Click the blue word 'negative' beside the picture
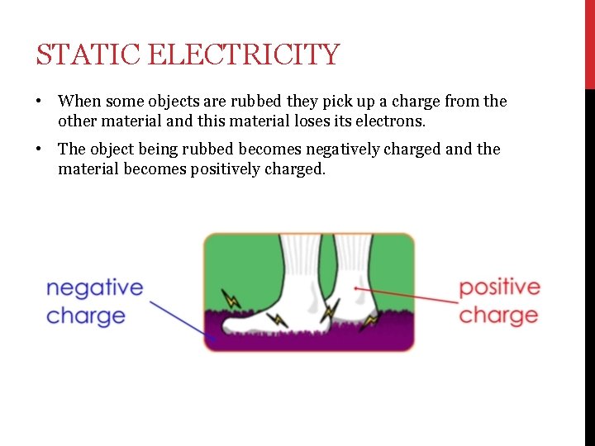(x=94, y=288)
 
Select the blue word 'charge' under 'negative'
(x=86, y=316)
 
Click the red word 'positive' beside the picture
(x=499, y=288)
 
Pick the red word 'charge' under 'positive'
(x=498, y=316)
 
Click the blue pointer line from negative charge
(x=178, y=318)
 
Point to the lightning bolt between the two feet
(x=330, y=311)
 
